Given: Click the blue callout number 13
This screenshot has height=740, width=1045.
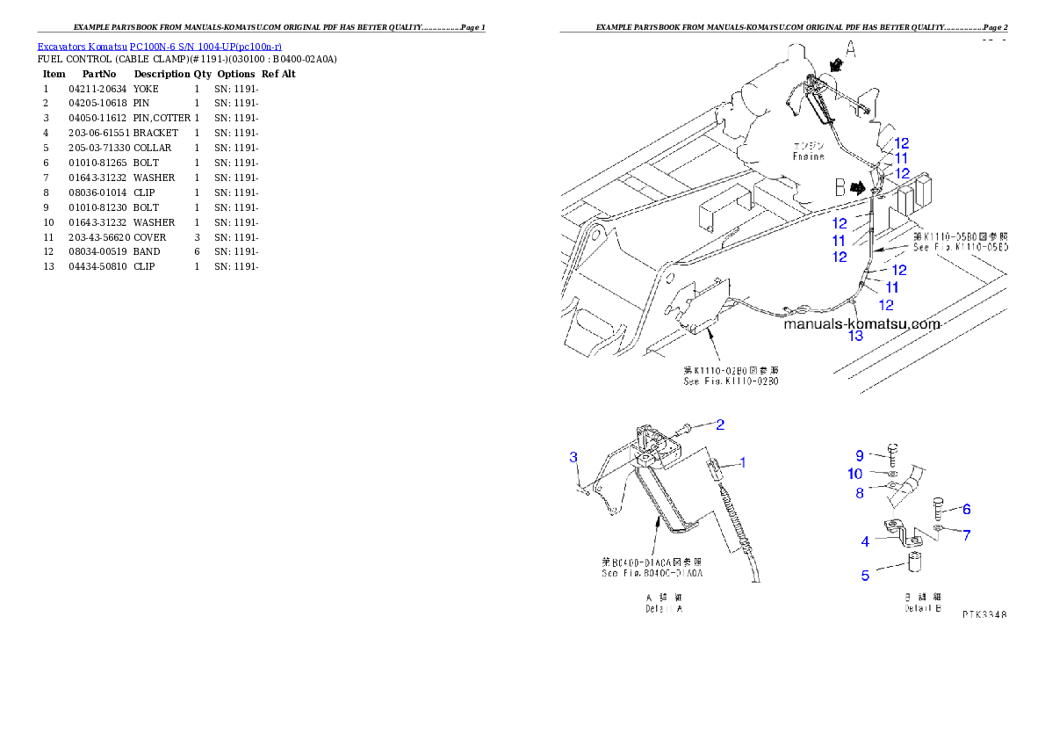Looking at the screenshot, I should (x=854, y=335).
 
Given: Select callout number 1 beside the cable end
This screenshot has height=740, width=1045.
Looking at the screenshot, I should (x=741, y=461).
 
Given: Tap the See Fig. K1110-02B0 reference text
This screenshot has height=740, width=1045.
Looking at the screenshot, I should (x=731, y=376).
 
